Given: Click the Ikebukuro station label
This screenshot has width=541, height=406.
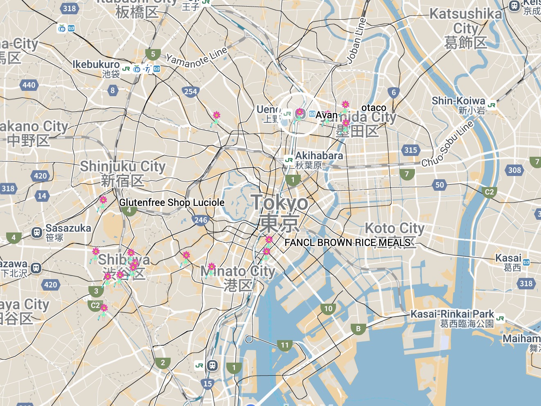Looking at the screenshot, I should (x=96, y=65).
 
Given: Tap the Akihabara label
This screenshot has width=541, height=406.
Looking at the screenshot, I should (x=319, y=156).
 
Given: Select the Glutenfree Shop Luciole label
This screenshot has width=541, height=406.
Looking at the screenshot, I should (x=172, y=203).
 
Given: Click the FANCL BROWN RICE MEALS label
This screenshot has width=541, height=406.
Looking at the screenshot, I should (x=347, y=243).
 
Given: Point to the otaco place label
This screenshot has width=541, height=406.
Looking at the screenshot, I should (x=374, y=108).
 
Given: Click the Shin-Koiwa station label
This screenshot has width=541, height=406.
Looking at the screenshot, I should (x=458, y=101).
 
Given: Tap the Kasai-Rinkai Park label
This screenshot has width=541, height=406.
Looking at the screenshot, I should (x=452, y=314).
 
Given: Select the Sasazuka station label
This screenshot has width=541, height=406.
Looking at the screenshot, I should (x=68, y=228).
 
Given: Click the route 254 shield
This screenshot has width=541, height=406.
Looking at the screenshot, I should (x=190, y=92).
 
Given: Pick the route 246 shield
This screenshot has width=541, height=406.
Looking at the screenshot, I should (x=201, y=220).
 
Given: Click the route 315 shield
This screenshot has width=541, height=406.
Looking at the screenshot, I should (x=410, y=150).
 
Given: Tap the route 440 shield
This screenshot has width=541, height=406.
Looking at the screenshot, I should (x=29, y=85).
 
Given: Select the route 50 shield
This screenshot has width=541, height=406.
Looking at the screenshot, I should (x=440, y=185).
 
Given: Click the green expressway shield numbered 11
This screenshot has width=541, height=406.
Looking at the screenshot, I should (x=285, y=345).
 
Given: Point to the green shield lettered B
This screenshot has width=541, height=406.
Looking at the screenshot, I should (x=358, y=329).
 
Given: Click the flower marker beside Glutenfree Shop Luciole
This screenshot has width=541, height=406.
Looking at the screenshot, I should (x=103, y=201).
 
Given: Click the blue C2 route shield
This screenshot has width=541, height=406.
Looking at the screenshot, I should (x=489, y=192).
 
